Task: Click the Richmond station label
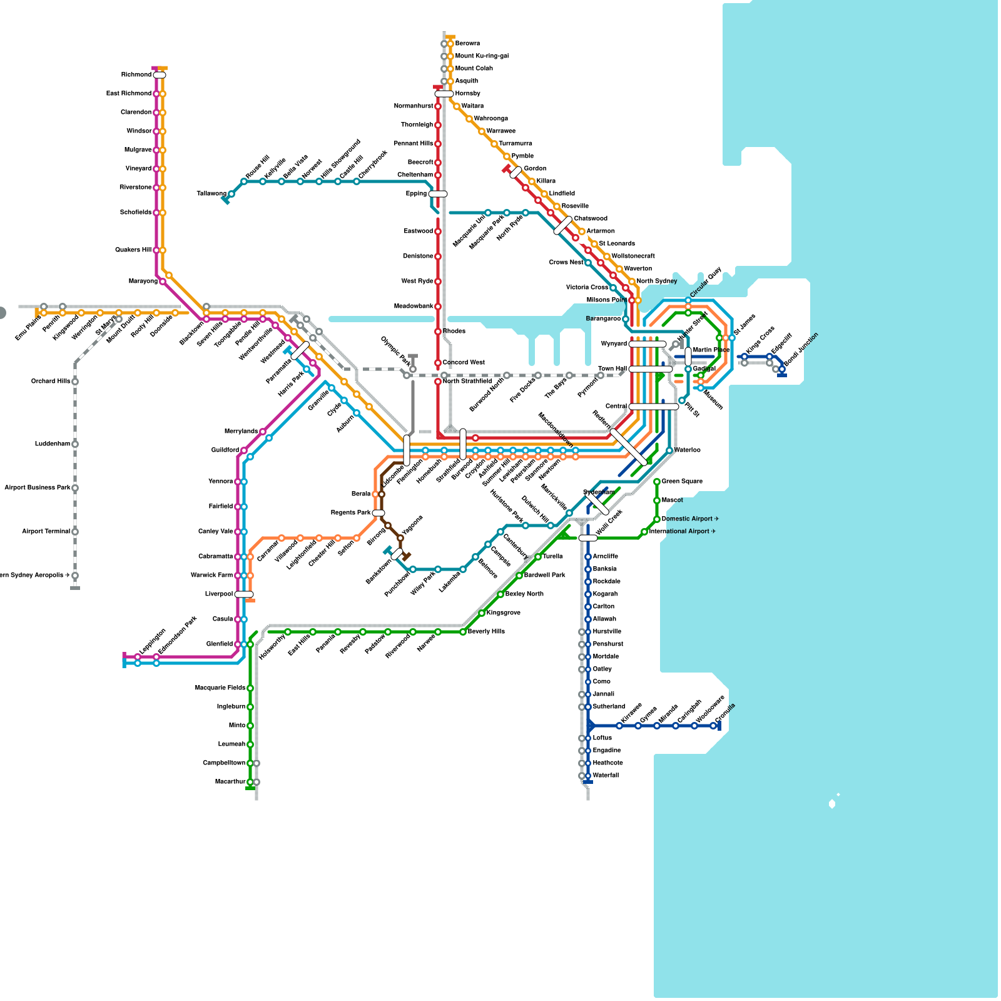(136, 75)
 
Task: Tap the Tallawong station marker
(231, 194)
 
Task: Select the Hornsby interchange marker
(444, 94)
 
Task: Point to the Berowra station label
(467, 44)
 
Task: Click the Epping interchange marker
(438, 194)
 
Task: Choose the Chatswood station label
(591, 219)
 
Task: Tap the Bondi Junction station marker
(782, 369)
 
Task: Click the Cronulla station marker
(713, 726)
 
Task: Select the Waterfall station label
(606, 776)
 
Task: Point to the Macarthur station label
(230, 782)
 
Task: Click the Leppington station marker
(138, 657)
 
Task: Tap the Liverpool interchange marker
(244, 594)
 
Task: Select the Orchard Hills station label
(51, 382)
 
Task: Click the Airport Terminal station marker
(75, 532)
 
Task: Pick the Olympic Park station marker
(413, 369)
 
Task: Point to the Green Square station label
(682, 482)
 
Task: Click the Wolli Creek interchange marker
(588, 538)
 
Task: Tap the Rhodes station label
(454, 332)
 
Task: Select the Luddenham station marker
(75, 444)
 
